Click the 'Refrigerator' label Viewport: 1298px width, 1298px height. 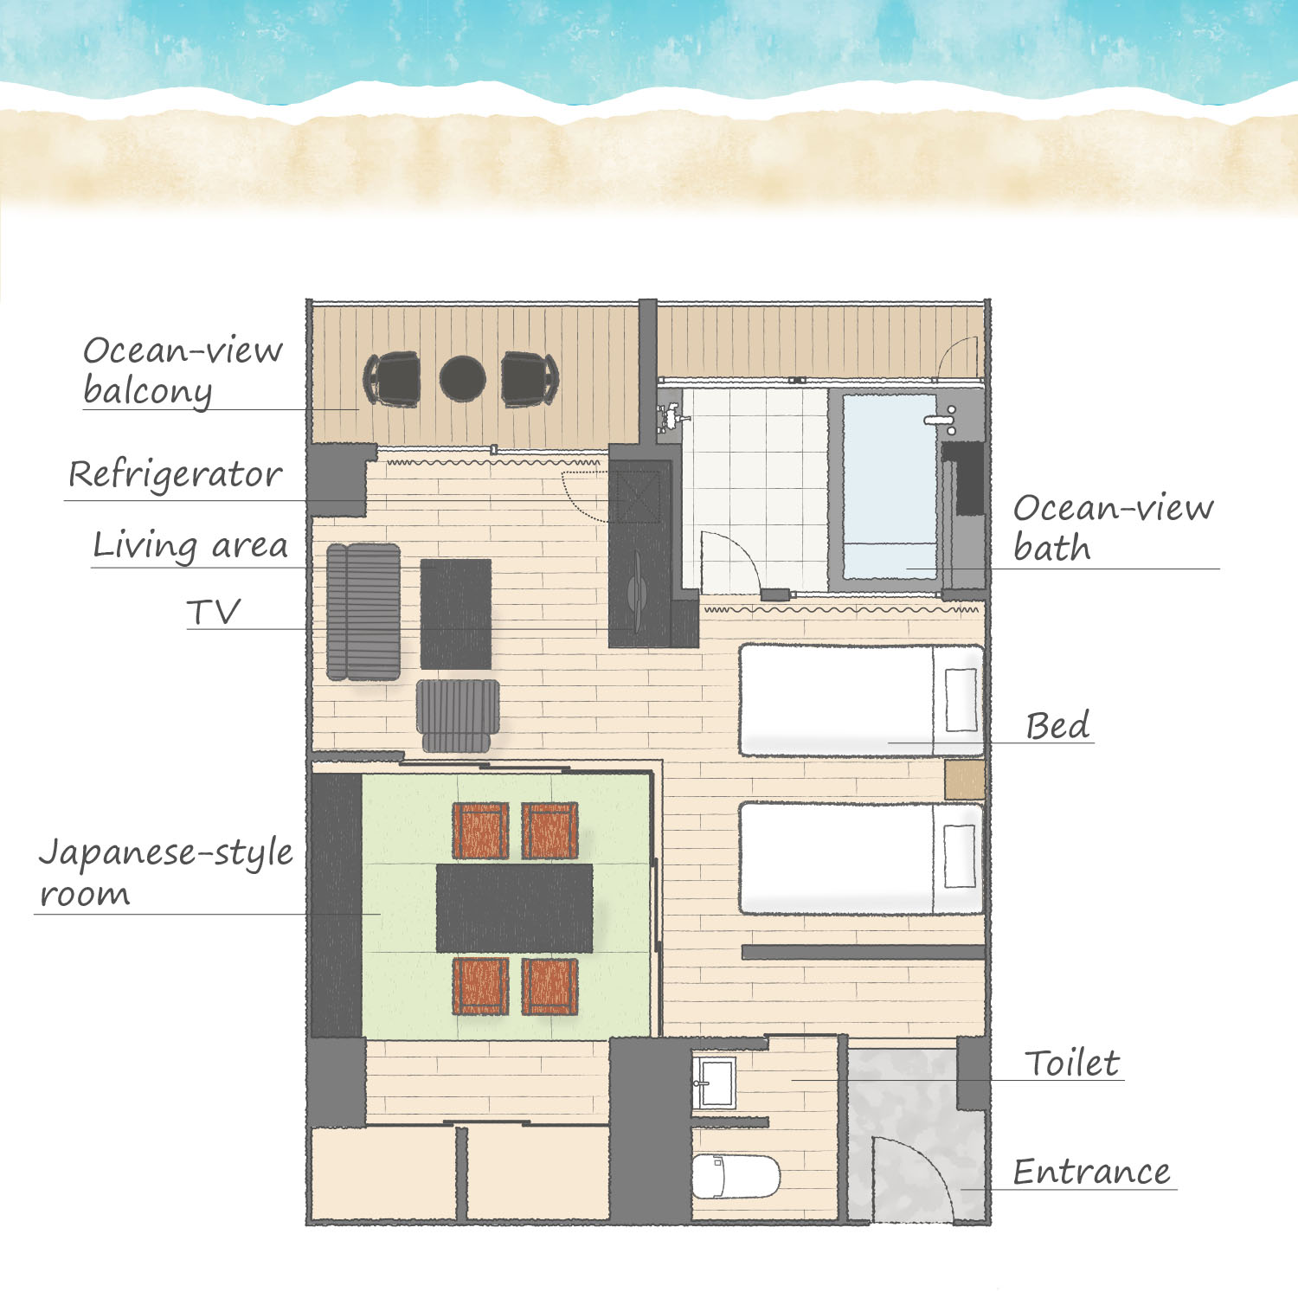click(175, 475)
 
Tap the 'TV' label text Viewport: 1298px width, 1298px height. click(213, 612)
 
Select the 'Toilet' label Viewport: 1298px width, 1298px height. click(1072, 1063)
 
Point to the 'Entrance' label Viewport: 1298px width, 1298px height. click(1091, 1172)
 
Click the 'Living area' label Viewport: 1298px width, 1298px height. click(190, 546)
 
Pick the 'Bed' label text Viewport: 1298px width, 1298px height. click(1057, 725)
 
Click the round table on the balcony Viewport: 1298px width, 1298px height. click(462, 379)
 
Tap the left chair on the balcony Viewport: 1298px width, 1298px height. click(394, 379)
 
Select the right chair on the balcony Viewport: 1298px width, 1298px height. click(529, 379)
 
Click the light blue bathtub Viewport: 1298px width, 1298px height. click(890, 486)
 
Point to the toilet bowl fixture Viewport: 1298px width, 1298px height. click(736, 1176)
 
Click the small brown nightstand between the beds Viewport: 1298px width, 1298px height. click(965, 780)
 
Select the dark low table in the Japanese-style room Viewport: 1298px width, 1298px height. click(514, 908)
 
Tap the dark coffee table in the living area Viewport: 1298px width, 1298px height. click(455, 614)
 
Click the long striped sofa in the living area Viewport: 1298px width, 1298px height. click(363, 612)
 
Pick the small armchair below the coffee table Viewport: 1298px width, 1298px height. click(458, 714)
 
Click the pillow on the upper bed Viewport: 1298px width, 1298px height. click(961, 699)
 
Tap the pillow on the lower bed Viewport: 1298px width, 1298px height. click(960, 856)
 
